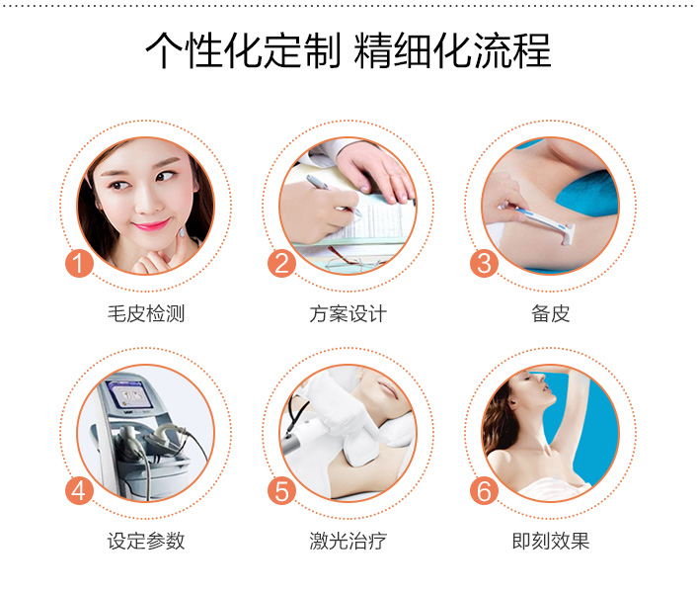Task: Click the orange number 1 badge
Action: click(79, 263)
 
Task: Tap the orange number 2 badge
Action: click(281, 263)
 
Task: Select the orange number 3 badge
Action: click(484, 263)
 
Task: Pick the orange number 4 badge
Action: click(79, 490)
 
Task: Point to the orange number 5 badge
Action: click(281, 490)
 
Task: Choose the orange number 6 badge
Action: click(484, 490)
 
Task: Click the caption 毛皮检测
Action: click(146, 313)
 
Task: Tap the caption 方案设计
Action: click(348, 313)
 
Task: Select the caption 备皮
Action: click(550, 313)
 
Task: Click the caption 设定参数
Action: click(146, 541)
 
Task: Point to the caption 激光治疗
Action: click(348, 541)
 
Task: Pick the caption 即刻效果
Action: click(550, 541)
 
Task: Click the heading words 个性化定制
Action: click(243, 50)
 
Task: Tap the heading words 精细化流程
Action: click(452, 50)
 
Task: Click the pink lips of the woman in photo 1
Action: click(151, 225)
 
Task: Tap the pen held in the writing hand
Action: click(333, 195)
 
